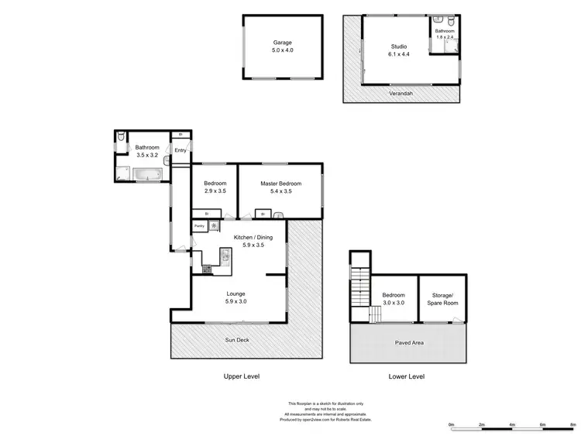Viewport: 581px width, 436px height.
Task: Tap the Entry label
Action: (180, 150)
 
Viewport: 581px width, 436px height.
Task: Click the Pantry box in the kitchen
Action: (199, 226)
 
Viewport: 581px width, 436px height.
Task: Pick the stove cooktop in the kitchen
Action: (208, 269)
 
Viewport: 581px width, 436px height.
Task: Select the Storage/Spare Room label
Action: (442, 298)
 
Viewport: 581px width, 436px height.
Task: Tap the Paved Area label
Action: (407, 343)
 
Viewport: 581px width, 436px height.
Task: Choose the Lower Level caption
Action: (407, 376)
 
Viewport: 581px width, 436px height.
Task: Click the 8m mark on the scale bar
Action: (572, 425)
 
